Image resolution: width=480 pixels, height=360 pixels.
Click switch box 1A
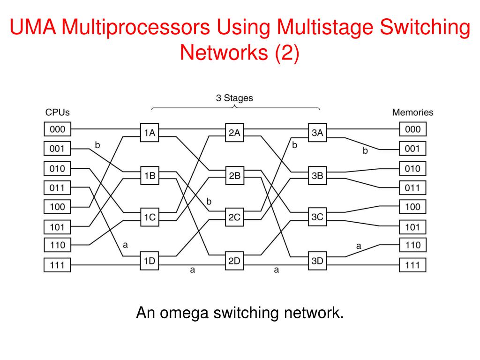point(150,133)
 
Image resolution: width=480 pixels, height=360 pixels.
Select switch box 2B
point(234,176)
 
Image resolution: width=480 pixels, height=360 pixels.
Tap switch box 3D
point(317,261)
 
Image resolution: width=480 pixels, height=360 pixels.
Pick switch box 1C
point(150,217)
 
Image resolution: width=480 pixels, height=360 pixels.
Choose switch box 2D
point(234,261)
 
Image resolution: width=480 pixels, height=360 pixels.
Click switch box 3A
point(317,133)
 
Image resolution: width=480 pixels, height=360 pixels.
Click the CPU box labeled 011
point(57,188)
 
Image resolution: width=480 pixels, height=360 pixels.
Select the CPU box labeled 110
point(57,245)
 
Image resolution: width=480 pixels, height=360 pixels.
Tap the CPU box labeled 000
point(57,129)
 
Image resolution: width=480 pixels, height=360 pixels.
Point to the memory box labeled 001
point(413,149)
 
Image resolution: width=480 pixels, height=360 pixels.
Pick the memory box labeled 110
point(413,245)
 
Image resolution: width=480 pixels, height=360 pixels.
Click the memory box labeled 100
point(413,206)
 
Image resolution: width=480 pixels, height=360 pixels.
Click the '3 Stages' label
point(234,98)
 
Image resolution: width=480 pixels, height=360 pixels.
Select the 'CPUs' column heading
point(57,112)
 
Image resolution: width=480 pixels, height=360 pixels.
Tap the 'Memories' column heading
point(412,112)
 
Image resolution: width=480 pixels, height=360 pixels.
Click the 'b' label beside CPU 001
point(97,145)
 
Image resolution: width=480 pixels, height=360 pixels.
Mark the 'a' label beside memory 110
point(359,245)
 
